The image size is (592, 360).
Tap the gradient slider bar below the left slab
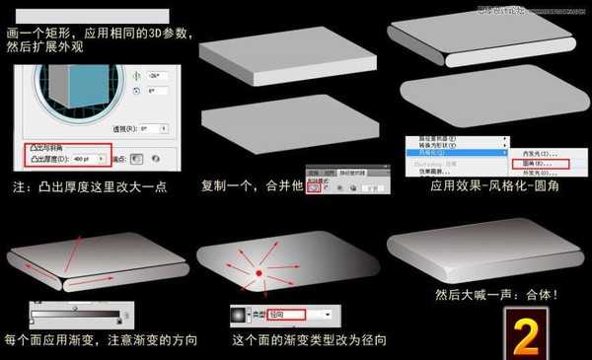(x=75, y=315)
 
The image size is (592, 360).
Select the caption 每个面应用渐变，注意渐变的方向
(x=99, y=340)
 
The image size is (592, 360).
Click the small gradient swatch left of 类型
(x=238, y=314)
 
